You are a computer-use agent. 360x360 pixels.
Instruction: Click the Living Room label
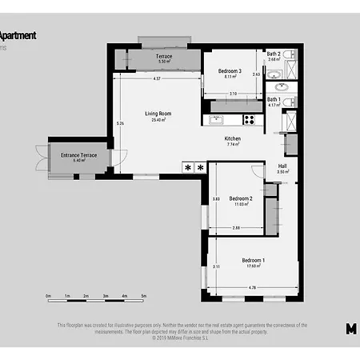158,114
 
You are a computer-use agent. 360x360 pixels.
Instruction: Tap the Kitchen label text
233,138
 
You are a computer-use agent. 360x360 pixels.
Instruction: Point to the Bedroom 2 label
241,198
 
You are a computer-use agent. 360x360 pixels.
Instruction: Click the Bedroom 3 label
230,71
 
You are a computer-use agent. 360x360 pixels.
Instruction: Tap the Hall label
282,166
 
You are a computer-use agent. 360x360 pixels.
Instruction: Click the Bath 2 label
274,54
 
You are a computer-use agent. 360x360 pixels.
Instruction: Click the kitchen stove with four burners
249,121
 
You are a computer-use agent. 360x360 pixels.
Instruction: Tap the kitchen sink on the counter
215,121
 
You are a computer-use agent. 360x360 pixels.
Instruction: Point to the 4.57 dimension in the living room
157,79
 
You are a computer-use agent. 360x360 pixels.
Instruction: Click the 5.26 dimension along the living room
120,124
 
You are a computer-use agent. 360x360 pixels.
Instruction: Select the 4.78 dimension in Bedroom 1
252,287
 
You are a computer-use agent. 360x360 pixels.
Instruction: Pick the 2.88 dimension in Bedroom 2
236,228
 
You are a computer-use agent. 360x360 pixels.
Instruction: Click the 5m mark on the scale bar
144,296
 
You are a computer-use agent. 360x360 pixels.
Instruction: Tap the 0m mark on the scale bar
49,296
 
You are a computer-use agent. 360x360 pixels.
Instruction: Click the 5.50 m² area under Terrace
164,62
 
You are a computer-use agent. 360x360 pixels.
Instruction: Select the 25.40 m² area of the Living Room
158,119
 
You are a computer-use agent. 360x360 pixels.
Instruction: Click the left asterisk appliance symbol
189,168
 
